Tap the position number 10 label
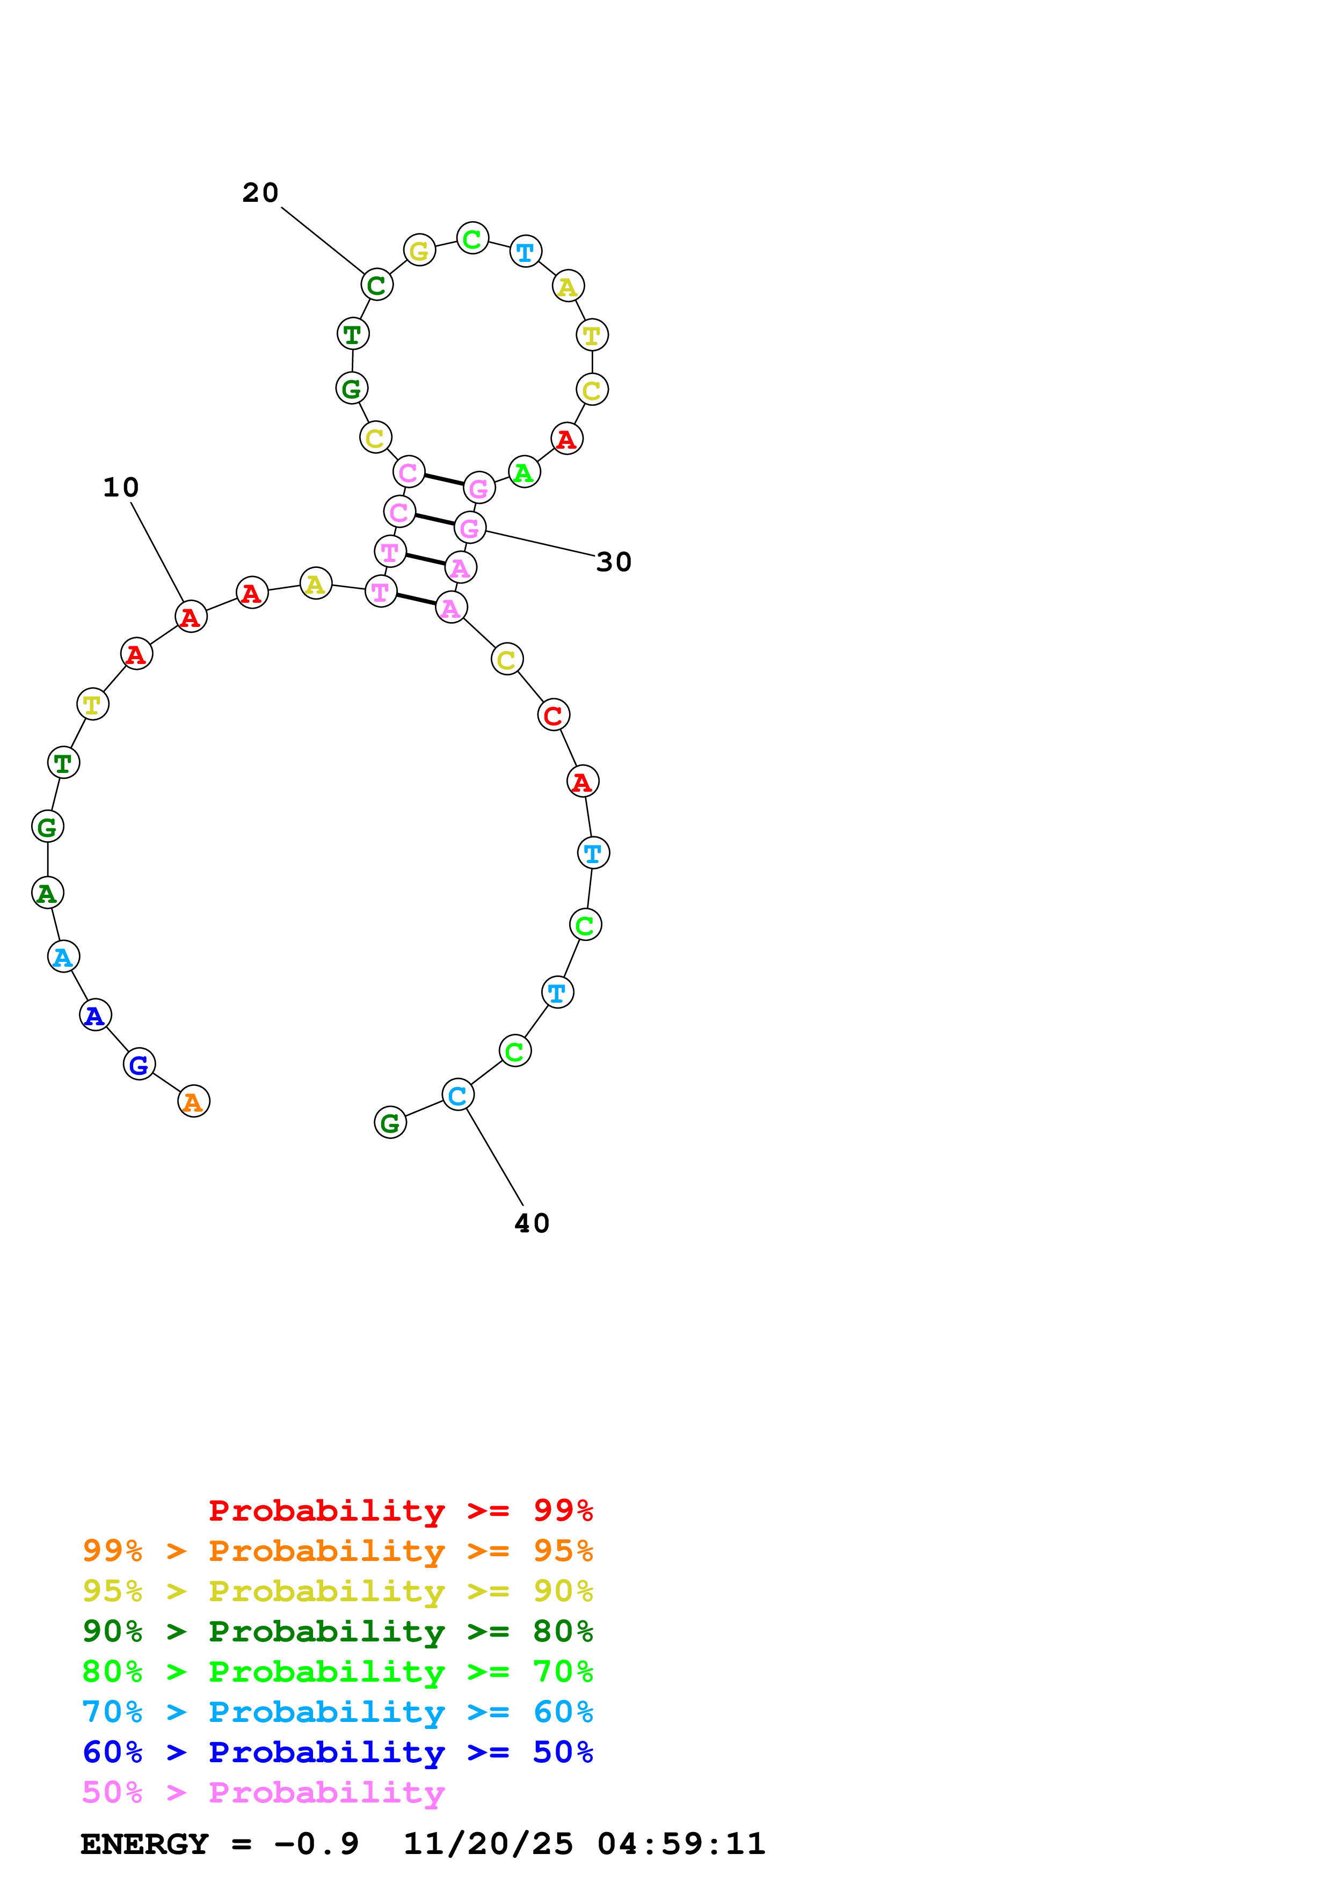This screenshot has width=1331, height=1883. point(121,487)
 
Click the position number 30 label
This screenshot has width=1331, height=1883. point(614,562)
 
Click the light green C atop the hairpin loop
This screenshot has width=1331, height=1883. point(472,239)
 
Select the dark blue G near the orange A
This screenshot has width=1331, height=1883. point(140,1064)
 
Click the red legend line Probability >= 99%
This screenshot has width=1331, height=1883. point(400,1510)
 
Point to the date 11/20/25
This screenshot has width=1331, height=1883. point(488,1844)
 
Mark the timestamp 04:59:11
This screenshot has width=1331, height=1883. point(681,1844)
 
